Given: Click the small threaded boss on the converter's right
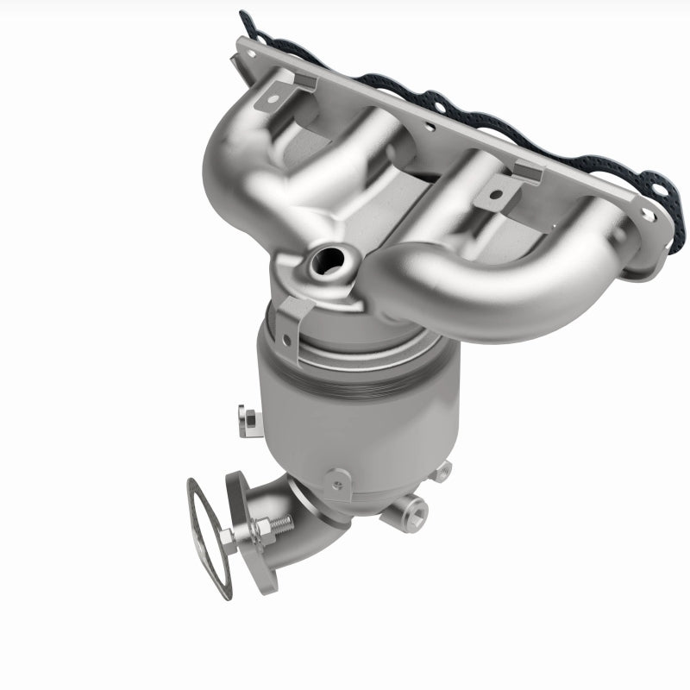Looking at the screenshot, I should pos(443,469).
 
